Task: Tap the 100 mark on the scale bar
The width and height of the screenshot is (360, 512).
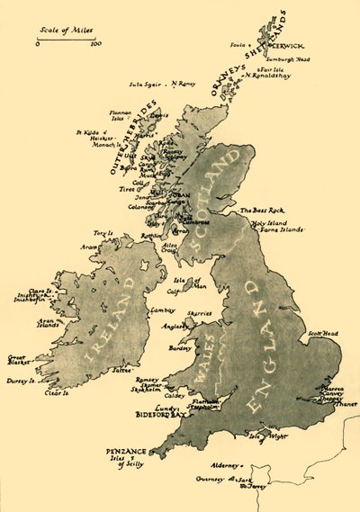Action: [96, 43]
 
